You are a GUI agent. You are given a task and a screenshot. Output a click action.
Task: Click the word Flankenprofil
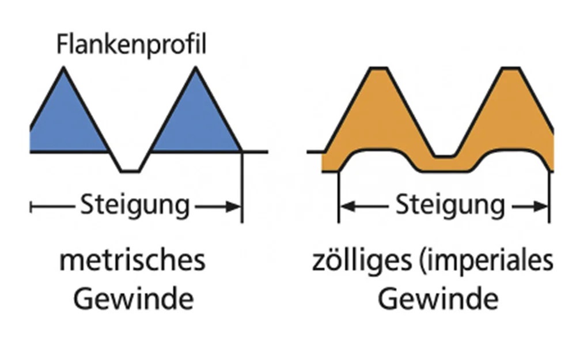point(131,45)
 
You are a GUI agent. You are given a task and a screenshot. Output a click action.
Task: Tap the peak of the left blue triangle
point(63,67)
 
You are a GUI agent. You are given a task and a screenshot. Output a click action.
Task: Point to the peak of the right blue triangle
point(195,67)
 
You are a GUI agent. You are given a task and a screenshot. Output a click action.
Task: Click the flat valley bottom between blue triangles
point(130,171)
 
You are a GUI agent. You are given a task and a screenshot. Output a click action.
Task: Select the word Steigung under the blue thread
point(135,206)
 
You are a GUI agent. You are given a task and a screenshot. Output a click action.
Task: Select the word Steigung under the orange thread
point(450,206)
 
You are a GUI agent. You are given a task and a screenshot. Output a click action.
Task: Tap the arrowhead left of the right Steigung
point(347,207)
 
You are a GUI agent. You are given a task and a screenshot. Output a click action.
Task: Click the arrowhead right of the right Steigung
point(541,207)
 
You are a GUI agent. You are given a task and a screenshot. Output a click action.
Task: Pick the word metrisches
point(132,261)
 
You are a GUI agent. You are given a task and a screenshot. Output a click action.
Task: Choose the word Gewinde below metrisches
point(134,300)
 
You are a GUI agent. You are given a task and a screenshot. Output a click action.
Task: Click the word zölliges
point(362,262)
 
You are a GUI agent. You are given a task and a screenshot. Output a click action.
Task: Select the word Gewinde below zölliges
point(438,300)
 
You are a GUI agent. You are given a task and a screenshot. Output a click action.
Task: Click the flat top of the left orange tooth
point(379,68)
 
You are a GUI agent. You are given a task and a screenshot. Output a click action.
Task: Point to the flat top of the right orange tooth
point(510,68)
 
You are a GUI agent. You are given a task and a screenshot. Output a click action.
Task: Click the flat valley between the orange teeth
point(445,157)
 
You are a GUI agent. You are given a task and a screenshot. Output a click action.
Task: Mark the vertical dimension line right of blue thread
point(242,187)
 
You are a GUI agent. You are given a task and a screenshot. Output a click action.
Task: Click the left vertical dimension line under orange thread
point(338,197)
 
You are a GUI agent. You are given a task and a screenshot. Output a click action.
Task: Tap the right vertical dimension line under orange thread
point(549,197)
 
